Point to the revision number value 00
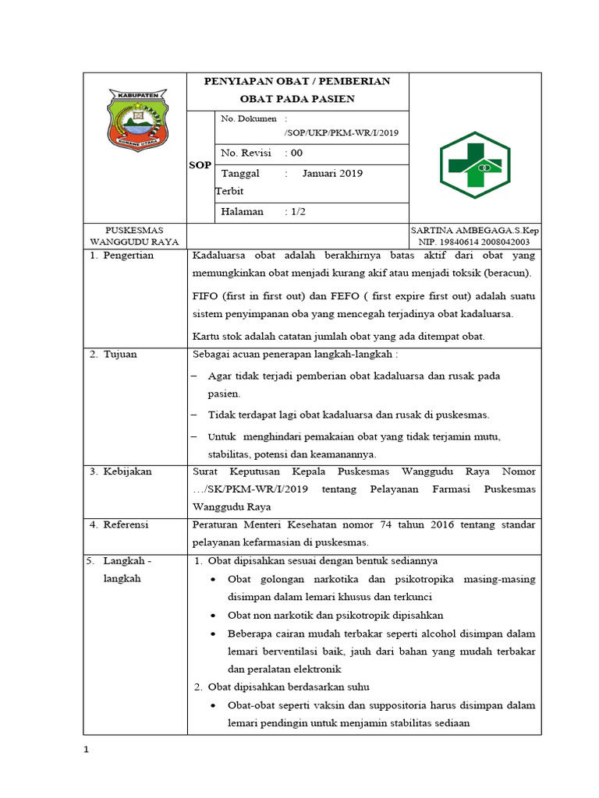[x=296, y=153]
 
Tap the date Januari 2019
[x=332, y=173]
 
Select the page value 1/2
[x=296, y=211]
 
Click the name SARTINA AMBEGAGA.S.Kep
[x=474, y=231]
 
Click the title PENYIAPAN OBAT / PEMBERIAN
[x=296, y=81]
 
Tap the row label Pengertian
[x=129, y=256]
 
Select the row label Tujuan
[x=120, y=354]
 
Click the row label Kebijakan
[x=127, y=471]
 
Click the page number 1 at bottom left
[x=87, y=750]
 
